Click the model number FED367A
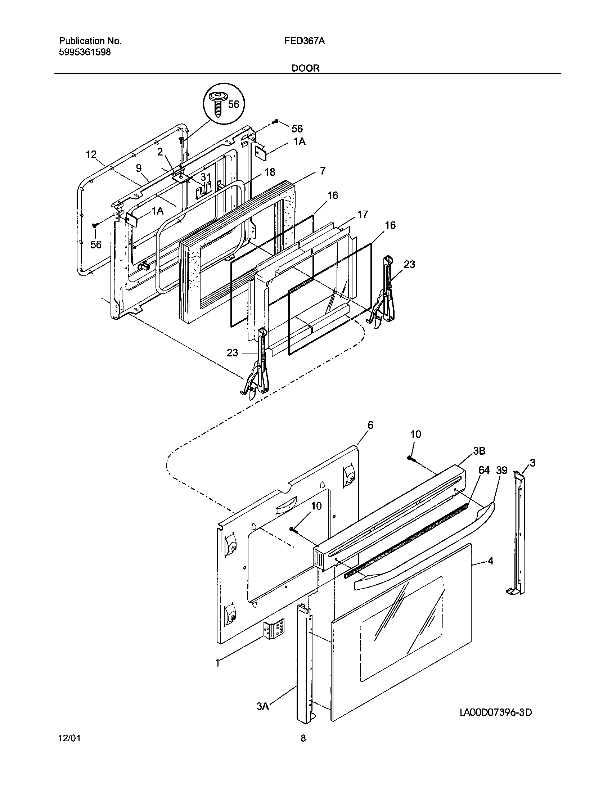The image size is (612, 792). (304, 41)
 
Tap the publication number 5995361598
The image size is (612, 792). (85, 52)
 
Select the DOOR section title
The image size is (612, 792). (306, 68)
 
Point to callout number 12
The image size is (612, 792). (91, 155)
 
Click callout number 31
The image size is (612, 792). (206, 177)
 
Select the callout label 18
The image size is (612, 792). (270, 172)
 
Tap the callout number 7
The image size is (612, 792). (322, 171)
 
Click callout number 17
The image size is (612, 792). (363, 214)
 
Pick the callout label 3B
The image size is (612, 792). (479, 451)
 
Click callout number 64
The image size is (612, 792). (484, 471)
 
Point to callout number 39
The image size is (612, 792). (501, 471)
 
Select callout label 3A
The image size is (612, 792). (263, 706)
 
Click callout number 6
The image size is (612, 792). (370, 425)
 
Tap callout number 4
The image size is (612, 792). (491, 561)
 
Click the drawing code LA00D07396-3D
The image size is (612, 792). (496, 712)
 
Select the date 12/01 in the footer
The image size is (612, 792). (69, 738)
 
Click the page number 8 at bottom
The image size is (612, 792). (303, 738)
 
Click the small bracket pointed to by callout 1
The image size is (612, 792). (274, 630)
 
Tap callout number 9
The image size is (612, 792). (139, 168)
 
